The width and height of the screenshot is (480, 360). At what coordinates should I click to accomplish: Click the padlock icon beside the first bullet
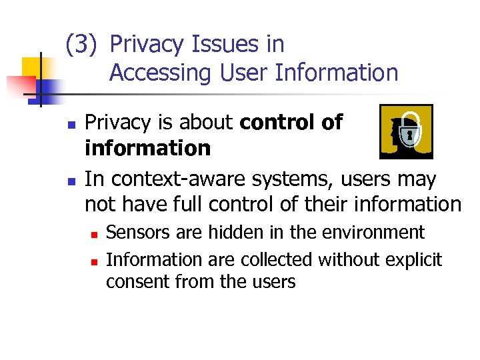coord(405,132)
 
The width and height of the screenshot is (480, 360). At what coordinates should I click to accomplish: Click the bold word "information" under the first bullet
coord(147,148)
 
